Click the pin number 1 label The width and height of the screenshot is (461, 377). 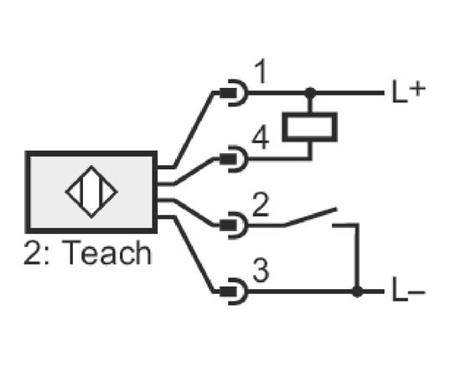(261, 71)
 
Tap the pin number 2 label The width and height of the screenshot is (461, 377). (261, 204)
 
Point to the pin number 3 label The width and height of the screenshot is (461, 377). (261, 271)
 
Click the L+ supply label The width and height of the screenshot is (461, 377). (409, 91)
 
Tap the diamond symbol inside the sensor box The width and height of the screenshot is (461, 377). (91, 192)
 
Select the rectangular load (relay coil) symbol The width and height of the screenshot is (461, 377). (310, 127)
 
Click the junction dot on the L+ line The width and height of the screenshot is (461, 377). (310, 93)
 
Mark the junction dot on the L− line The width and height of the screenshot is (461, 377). (357, 292)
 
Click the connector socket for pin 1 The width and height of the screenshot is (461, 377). (235, 93)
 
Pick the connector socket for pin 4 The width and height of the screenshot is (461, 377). (235, 159)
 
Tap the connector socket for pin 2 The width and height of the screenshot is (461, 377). (235, 225)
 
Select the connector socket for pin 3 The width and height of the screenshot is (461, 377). (235, 292)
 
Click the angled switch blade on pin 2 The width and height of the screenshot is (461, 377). (310, 217)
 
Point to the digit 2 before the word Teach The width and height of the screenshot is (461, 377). (32, 253)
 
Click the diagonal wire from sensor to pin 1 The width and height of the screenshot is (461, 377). (193, 130)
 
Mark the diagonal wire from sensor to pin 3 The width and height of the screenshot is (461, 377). (193, 255)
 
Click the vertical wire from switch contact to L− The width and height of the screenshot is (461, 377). (357, 257)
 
